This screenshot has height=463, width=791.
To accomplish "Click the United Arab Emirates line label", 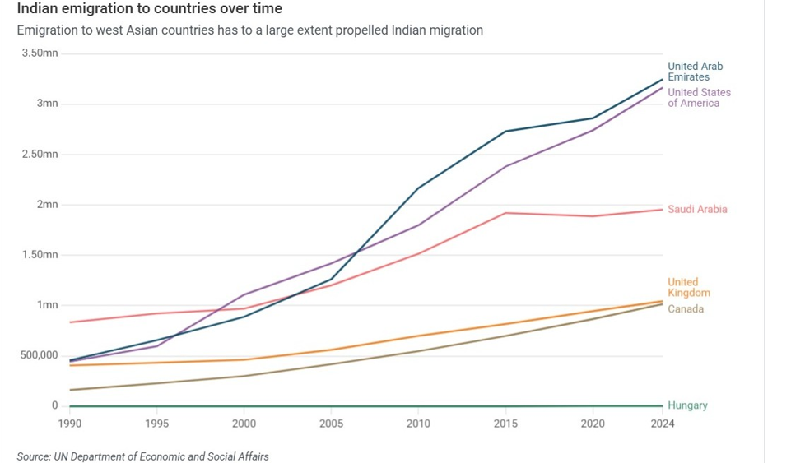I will click(x=695, y=72).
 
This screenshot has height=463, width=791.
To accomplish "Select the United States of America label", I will click(x=699, y=98).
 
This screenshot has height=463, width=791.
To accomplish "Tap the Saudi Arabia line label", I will click(x=697, y=210).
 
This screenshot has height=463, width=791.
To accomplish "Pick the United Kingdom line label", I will click(x=688, y=288).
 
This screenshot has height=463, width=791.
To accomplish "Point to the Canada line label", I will click(x=686, y=309).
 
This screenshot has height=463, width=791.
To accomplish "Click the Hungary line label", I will click(x=687, y=405).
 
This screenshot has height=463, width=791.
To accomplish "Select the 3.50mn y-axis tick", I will click(x=40, y=53).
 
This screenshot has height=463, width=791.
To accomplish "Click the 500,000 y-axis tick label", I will click(x=38, y=355).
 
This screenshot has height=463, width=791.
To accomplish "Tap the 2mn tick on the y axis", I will click(x=46, y=205).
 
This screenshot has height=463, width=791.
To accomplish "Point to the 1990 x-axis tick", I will click(x=70, y=424).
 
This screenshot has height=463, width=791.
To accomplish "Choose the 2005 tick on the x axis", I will click(x=331, y=424).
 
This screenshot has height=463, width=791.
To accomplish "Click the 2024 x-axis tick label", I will click(x=663, y=424).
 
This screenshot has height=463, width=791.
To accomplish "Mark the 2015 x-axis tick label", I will click(x=505, y=424).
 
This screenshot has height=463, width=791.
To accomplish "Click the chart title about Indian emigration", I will click(x=149, y=9).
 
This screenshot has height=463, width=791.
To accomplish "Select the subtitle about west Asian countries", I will click(x=249, y=30).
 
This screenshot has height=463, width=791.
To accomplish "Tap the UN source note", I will click(x=142, y=456).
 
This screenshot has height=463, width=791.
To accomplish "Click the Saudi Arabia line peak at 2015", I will click(x=505, y=213).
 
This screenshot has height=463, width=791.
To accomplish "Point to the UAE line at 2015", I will click(x=505, y=132).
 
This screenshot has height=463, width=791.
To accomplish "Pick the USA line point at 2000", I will click(x=244, y=294).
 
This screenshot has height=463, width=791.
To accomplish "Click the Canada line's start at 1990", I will click(x=70, y=390).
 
